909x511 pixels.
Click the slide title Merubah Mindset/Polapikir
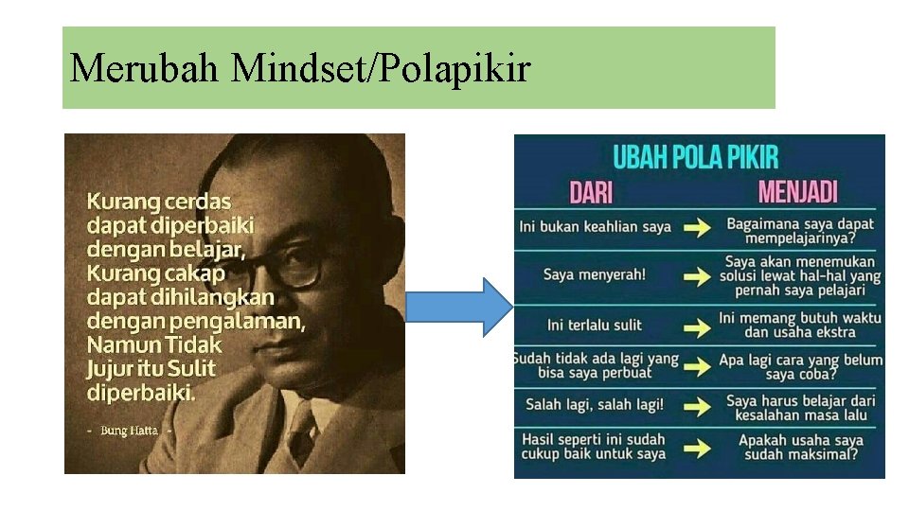tap(299, 68)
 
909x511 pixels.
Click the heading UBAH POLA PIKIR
tap(696, 157)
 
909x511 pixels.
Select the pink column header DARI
tap(591, 193)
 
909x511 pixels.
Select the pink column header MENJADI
tap(798, 193)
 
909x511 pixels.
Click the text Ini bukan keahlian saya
tap(595, 226)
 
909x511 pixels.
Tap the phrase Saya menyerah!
tap(595, 274)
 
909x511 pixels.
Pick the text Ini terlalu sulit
tap(595, 325)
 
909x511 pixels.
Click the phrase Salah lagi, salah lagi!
tap(595, 405)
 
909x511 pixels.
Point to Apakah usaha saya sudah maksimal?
tap(801, 447)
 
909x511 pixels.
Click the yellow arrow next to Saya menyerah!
tap(698, 277)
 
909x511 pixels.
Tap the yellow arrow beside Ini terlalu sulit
tap(698, 327)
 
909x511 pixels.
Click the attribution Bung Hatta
tap(130, 431)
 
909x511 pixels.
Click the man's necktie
tap(301, 434)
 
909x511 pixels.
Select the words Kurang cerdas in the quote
tap(158, 202)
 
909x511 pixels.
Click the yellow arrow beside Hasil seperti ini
tap(698, 448)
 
